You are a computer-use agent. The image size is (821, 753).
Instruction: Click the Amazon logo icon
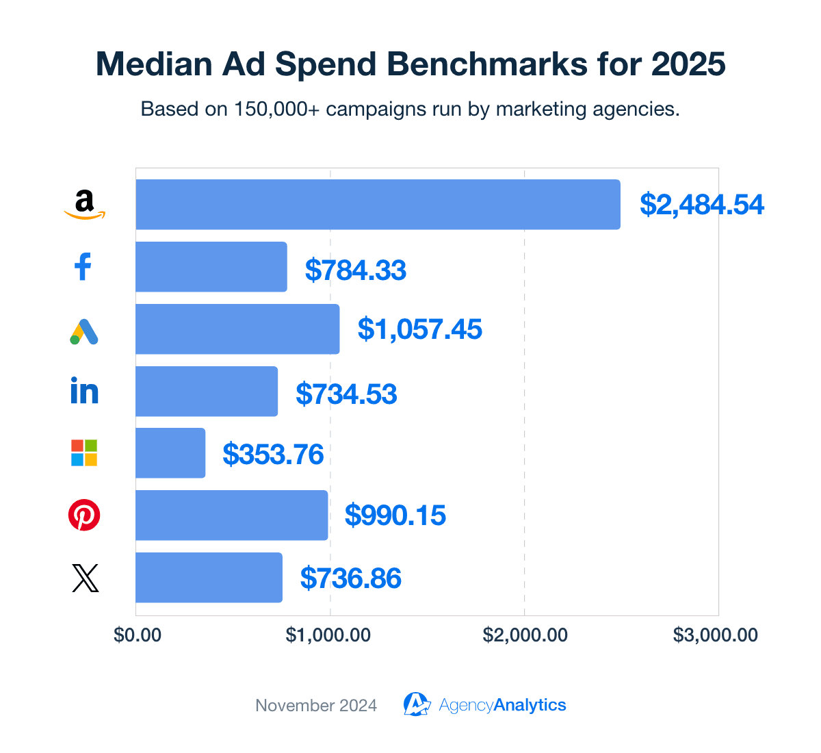pyautogui.click(x=85, y=205)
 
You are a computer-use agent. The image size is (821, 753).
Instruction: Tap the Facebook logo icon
pyautogui.click(x=83, y=267)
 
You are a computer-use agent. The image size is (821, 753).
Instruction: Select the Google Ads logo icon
pyautogui.click(x=84, y=331)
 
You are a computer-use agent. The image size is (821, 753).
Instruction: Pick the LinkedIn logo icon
pyautogui.click(x=85, y=391)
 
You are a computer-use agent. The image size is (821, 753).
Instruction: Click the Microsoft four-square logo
pyautogui.click(x=84, y=453)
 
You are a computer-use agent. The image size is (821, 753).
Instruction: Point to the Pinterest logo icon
pyautogui.click(x=84, y=515)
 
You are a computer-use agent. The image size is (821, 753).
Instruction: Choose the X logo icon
pyautogui.click(x=85, y=578)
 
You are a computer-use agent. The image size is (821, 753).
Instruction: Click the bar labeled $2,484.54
pyautogui.click(x=378, y=205)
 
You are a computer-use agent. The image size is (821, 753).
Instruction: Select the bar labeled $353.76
pyautogui.click(x=170, y=453)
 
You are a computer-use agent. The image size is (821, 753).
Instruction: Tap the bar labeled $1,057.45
pyautogui.click(x=237, y=329)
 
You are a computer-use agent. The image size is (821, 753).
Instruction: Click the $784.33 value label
pyautogui.click(x=356, y=270)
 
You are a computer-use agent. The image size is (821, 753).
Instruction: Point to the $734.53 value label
pyautogui.click(x=346, y=394)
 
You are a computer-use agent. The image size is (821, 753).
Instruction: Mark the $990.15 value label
pyautogui.click(x=395, y=515)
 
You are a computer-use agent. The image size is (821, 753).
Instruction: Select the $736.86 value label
pyautogui.click(x=350, y=578)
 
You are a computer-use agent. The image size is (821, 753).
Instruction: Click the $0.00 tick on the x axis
pyautogui.click(x=138, y=635)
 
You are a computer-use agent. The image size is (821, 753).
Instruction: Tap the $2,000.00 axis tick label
pyautogui.click(x=525, y=635)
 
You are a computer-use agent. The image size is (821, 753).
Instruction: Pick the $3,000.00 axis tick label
pyautogui.click(x=716, y=635)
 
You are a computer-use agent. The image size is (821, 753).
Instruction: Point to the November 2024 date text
pyautogui.click(x=316, y=706)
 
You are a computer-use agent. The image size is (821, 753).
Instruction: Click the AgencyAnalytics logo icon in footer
pyautogui.click(x=416, y=704)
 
